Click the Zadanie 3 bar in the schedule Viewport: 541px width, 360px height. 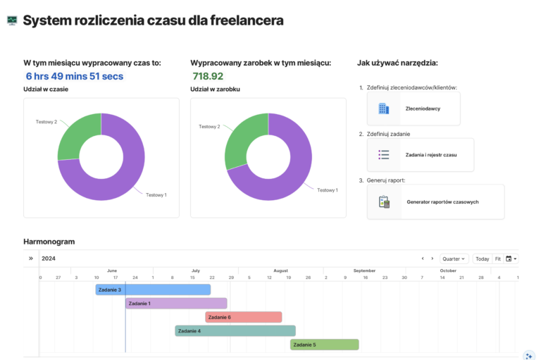153,290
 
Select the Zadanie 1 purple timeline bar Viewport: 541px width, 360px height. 176,304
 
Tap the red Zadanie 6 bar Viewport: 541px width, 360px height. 243,317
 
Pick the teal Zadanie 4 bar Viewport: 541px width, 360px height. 235,330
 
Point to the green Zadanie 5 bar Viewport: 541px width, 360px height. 324,345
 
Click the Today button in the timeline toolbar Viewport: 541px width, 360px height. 482,259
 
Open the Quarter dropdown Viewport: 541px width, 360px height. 454,259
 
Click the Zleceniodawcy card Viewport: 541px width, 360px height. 413,108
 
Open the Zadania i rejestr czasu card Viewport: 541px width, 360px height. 420,155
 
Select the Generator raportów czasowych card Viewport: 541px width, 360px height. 435,201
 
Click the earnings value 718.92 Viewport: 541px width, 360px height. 208,76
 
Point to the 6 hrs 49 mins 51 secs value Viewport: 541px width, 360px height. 75,76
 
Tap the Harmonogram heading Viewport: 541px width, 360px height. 49,242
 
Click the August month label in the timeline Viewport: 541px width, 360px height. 280,271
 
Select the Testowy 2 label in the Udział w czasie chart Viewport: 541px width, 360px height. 46,122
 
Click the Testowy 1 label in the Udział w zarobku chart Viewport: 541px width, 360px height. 327,190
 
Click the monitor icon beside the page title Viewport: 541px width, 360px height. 12,20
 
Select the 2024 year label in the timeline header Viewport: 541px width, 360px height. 49,259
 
